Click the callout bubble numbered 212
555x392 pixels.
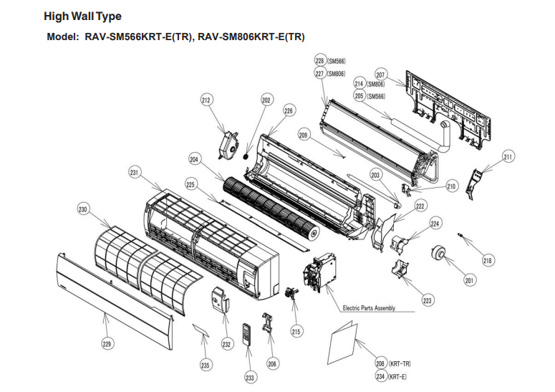pyautogui.click(x=206, y=101)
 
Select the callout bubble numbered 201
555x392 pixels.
pyautogui.click(x=469, y=280)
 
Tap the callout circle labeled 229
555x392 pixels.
pyautogui.click(x=107, y=344)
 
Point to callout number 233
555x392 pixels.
pyautogui.click(x=250, y=378)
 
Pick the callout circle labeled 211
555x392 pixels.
pyautogui.click(x=508, y=157)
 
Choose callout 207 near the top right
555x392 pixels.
pyautogui.click(x=380, y=75)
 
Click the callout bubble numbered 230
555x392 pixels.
pyautogui.click(x=83, y=210)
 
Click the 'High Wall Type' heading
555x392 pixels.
pyautogui.click(x=82, y=16)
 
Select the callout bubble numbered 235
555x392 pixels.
pyautogui.click(x=205, y=365)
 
